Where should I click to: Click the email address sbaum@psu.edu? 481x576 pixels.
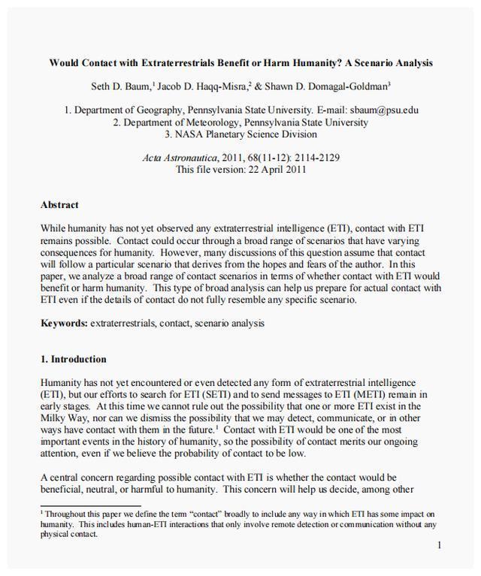pos(383,110)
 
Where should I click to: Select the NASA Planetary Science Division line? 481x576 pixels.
pos(240,134)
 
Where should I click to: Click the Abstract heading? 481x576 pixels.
pos(59,204)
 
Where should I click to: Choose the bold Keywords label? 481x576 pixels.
pos(63,324)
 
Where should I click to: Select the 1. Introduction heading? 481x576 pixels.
pos(74,359)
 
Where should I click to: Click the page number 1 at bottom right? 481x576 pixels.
pos(439,545)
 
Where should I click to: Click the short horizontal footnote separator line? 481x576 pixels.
pos(90,506)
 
